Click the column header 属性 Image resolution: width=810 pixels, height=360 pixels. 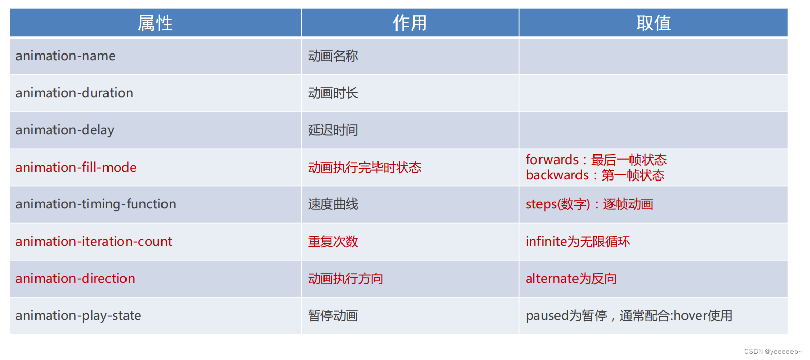click(155, 23)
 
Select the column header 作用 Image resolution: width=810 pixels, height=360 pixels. click(410, 23)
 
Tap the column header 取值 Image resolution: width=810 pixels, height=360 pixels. click(653, 23)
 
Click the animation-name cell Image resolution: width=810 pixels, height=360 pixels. click(65, 56)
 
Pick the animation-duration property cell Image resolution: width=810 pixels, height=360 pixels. click(74, 93)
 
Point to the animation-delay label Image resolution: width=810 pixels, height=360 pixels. click(65, 130)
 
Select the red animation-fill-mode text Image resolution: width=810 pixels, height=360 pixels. click(76, 168)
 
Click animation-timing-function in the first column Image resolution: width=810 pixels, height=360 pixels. click(96, 204)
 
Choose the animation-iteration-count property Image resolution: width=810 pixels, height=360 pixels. click(94, 242)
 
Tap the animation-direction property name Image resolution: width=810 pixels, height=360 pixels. click(75, 279)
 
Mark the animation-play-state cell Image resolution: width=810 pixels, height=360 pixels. click(78, 316)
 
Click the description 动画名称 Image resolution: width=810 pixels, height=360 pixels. click(333, 56)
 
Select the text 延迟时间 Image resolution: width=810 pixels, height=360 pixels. click(333, 130)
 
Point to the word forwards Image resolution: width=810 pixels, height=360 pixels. click(552, 160)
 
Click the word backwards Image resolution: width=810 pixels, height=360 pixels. click(557, 175)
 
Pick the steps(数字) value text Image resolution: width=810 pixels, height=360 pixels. click(557, 204)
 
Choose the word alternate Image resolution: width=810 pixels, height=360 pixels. click(552, 279)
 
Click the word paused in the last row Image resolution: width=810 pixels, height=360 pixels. click(547, 316)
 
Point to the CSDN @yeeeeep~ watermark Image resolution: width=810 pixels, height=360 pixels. click(772, 352)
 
